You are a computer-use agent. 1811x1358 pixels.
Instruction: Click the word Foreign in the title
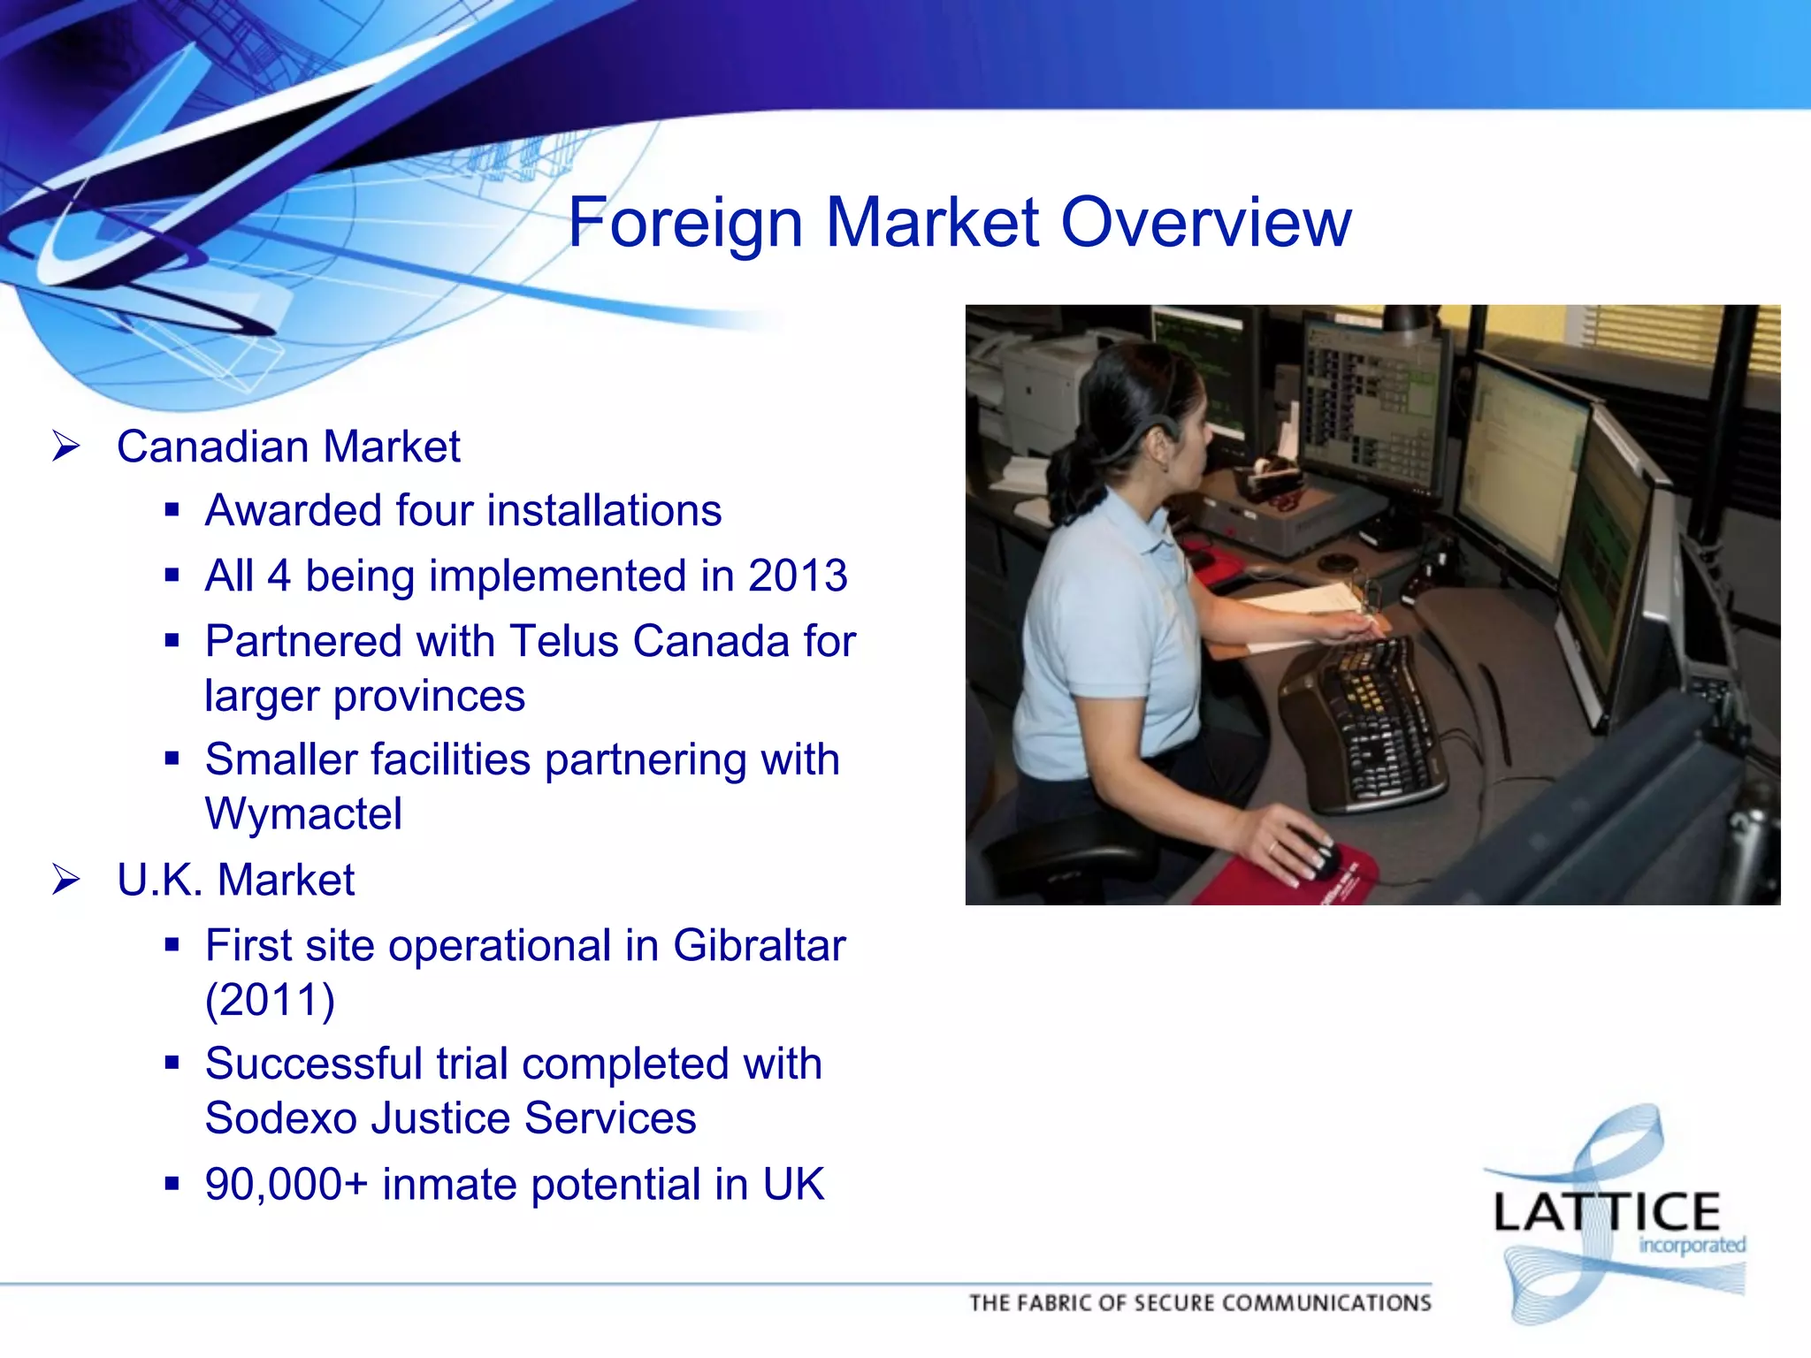685,223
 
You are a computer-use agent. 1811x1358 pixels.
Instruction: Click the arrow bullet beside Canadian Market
66,446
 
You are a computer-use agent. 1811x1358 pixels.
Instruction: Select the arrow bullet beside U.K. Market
66,880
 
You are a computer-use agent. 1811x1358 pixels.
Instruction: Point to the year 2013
798,576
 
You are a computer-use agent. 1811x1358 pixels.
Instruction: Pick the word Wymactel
303,813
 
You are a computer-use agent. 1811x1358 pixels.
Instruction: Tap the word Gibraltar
759,945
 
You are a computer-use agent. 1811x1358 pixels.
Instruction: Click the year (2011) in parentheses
270,1000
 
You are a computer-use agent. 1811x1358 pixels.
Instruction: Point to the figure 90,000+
286,1184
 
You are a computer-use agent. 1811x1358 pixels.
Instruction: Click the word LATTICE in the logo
1606,1213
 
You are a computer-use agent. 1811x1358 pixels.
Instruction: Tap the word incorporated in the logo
1692,1246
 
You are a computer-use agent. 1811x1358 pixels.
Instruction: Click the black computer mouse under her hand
1316,854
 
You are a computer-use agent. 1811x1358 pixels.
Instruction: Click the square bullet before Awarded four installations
172,510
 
